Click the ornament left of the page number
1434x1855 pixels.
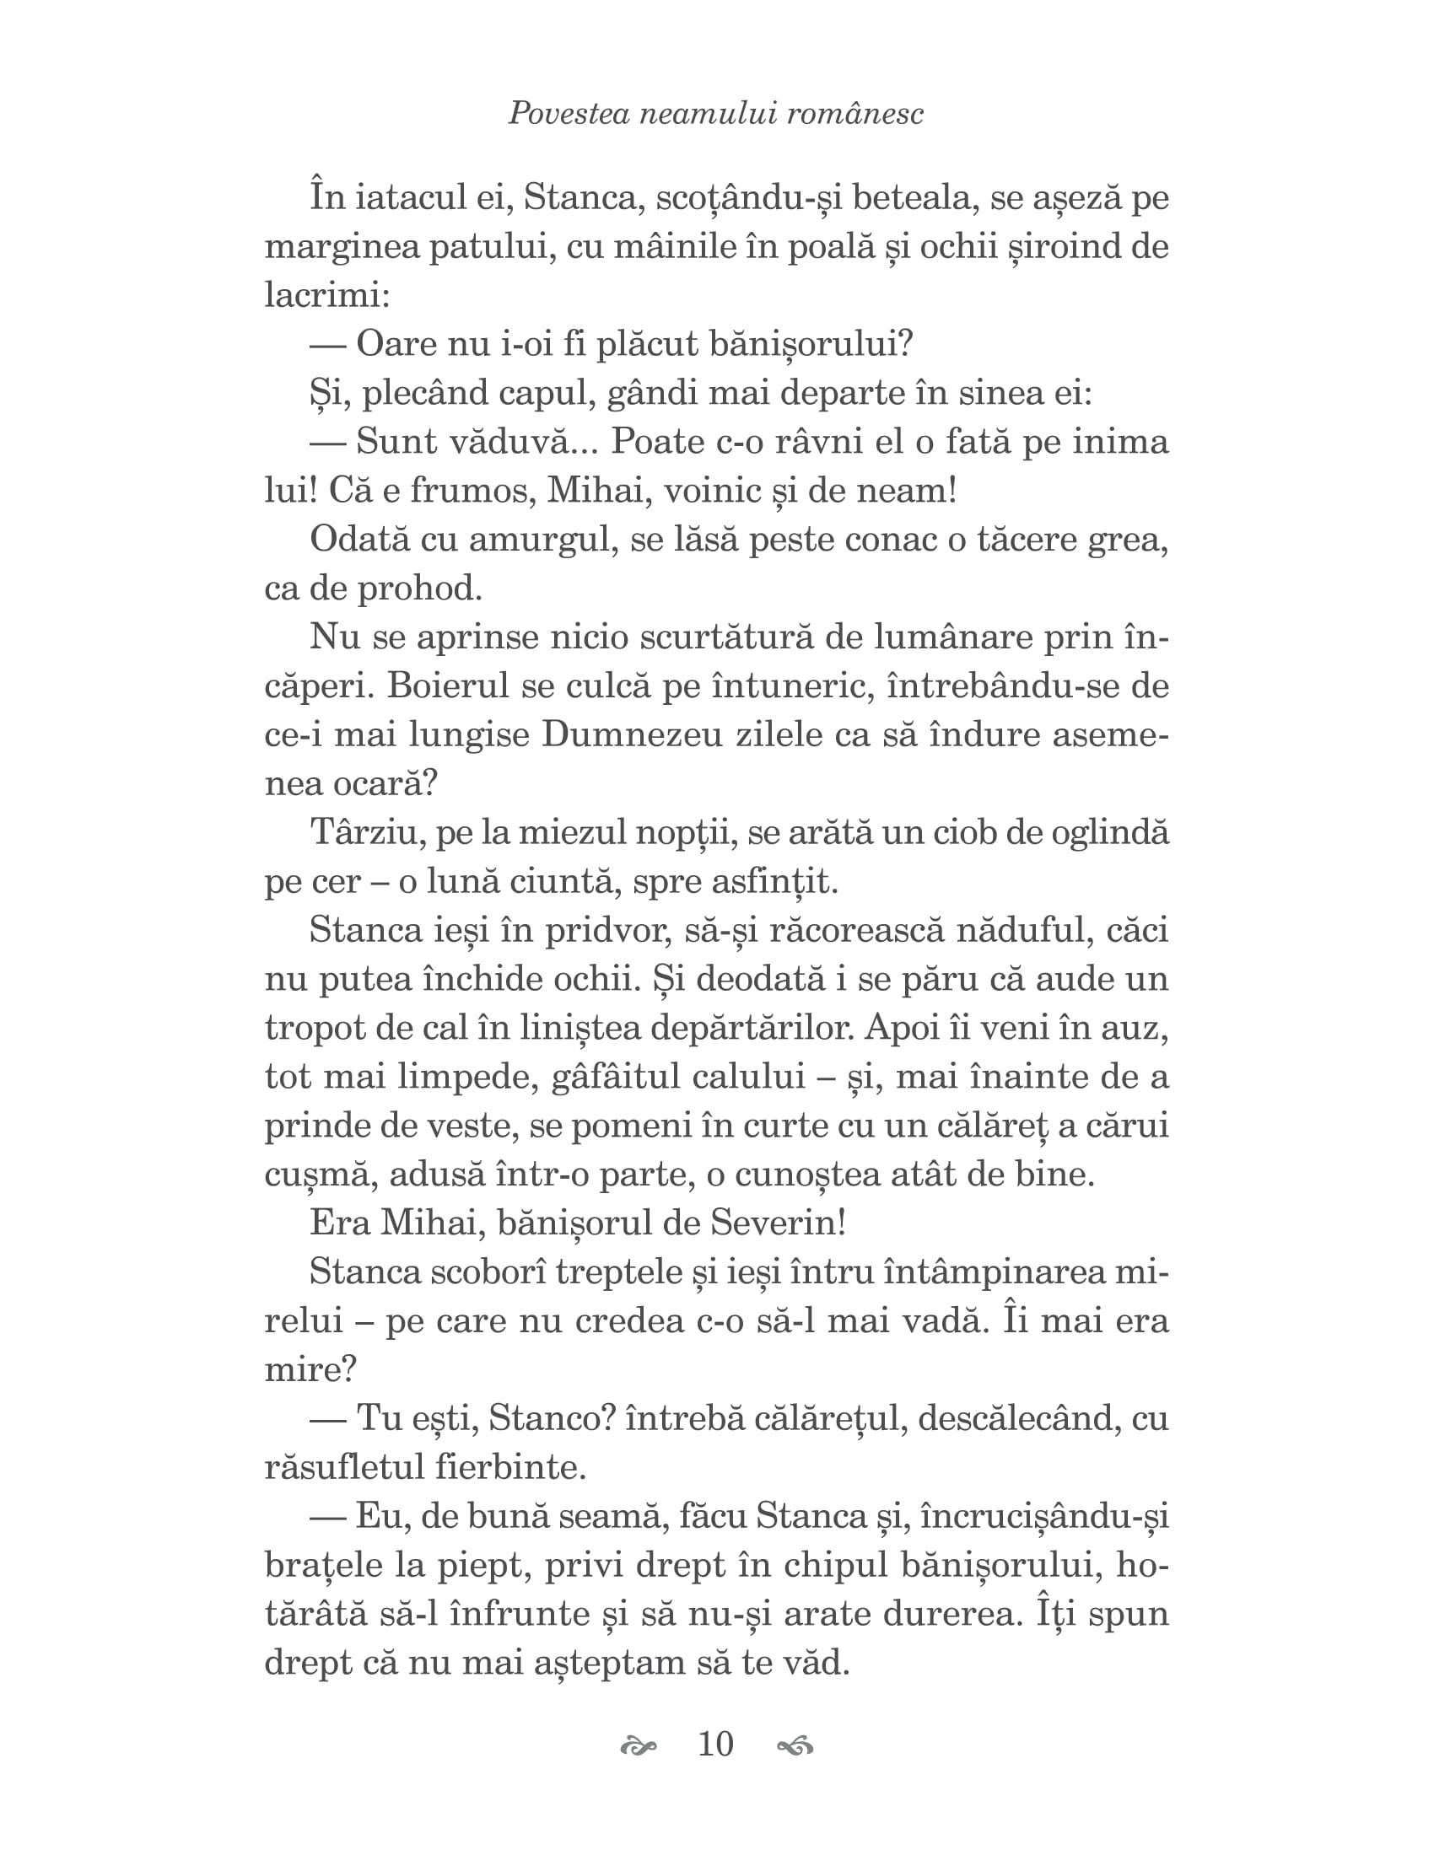[x=639, y=1746]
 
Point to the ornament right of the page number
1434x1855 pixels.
[x=795, y=1746]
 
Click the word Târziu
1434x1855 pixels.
[x=367, y=832]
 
